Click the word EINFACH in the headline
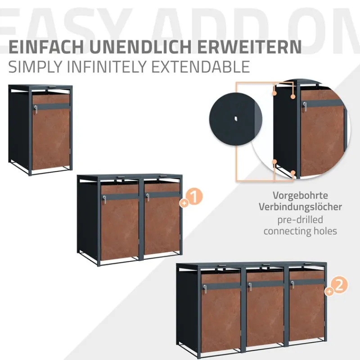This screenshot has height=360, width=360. pos(46,47)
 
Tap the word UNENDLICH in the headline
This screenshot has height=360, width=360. pos(140,47)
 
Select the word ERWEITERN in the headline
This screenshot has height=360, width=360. pos(249,47)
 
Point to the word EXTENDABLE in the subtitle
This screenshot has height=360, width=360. pos(201,67)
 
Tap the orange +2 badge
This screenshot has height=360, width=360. pos(337,286)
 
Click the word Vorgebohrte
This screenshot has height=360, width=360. pos(300,196)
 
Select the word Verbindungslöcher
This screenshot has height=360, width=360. pos(300,207)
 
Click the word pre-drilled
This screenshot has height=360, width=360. pos(300,220)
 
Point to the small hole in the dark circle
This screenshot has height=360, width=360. pos(236,119)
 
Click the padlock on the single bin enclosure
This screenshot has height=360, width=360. pos(36,109)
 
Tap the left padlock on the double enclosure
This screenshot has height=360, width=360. pos(104,200)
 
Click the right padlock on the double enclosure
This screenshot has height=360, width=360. pos(148,197)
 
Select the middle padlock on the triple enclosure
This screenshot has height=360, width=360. pos(250,287)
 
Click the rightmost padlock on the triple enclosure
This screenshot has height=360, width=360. pos(292,285)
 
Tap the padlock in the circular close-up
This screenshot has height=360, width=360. pos(305,107)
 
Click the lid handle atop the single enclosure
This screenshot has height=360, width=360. pos(52,87)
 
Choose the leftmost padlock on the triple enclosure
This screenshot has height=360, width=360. pos(205,289)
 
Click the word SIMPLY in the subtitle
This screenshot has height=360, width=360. pos(35,67)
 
